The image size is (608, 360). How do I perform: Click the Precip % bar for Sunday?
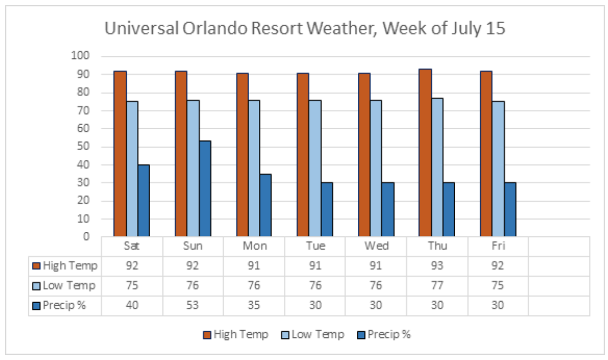click(x=205, y=189)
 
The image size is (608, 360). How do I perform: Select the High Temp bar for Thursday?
click(x=425, y=153)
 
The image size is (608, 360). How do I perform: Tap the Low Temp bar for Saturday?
click(x=132, y=169)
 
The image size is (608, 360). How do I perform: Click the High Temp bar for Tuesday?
click(x=302, y=155)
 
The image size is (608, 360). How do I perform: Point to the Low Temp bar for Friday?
click(x=498, y=169)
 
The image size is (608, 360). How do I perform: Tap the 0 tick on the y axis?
click(x=87, y=237)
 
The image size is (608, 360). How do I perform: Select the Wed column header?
click(x=376, y=246)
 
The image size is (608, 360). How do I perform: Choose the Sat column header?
click(x=132, y=246)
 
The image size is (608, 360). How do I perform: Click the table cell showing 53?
click(x=193, y=306)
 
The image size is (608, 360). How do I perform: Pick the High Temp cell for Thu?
click(x=437, y=266)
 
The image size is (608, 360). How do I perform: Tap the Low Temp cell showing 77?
click(x=437, y=286)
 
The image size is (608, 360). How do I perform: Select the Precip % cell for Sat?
click(x=132, y=306)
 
